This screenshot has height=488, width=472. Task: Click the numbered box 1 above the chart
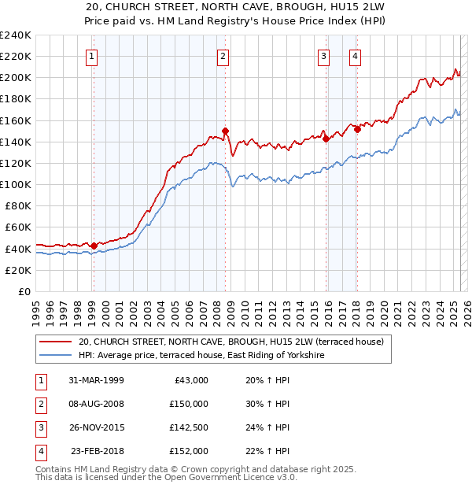click(93, 56)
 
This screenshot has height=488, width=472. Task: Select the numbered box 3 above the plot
click(323, 56)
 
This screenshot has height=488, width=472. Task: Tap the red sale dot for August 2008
click(225, 131)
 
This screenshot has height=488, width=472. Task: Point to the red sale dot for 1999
click(94, 246)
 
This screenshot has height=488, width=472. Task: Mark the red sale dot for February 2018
click(357, 129)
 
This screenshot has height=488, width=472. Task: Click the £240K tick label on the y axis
click(16, 35)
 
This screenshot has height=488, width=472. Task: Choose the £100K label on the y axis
click(16, 184)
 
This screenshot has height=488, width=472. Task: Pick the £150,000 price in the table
click(188, 404)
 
